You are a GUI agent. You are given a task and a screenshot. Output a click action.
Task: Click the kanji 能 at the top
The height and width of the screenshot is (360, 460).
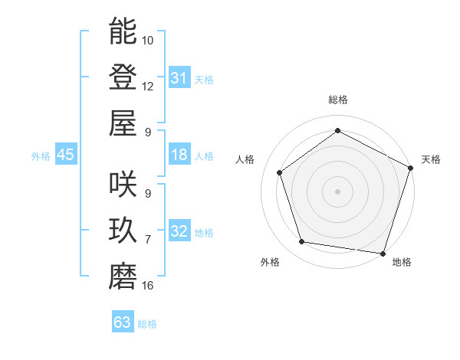point(123,31)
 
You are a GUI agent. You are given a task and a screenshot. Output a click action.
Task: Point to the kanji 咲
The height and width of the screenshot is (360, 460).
point(123,185)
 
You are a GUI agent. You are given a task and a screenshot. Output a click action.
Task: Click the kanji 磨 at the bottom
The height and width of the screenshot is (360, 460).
point(123,277)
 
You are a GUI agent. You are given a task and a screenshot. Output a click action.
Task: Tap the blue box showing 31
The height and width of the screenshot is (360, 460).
point(179,78)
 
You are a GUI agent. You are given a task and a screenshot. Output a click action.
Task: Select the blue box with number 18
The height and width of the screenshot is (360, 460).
point(179,155)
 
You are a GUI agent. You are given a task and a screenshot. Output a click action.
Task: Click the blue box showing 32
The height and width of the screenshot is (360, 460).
point(179,232)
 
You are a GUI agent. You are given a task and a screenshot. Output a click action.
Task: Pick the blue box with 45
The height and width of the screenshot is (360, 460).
point(65,155)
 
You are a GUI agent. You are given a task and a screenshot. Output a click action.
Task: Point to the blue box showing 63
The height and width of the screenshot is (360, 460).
point(122,322)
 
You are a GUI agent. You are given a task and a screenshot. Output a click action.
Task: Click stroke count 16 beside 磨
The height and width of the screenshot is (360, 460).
point(148,286)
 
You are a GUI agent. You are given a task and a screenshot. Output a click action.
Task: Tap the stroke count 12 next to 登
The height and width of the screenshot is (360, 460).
point(148,86)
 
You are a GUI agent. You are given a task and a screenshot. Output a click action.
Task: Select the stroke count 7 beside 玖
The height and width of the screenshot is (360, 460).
point(147,240)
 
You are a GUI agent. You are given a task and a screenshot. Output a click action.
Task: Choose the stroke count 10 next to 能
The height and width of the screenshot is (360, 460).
point(148,40)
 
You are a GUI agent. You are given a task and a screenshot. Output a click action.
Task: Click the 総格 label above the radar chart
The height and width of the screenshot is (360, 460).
point(337,100)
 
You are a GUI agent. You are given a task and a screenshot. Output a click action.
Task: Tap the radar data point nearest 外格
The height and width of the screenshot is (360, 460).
point(302,242)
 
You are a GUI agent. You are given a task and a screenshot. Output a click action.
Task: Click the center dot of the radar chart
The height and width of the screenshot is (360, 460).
point(337,191)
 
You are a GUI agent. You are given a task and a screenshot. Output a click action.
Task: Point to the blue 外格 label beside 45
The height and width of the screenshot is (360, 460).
point(41,156)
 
